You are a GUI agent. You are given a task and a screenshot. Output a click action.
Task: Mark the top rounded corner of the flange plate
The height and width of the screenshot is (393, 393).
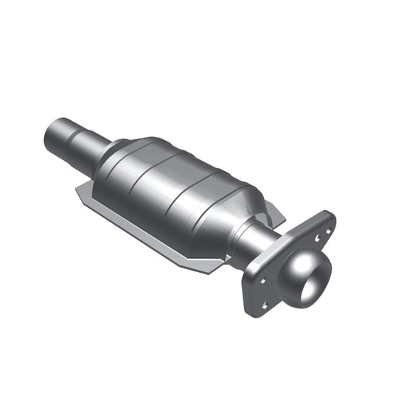tap(329, 215)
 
